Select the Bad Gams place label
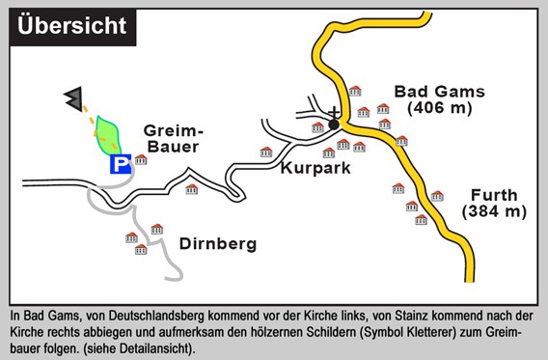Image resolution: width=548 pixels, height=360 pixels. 438,92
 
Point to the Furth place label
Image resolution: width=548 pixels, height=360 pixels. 493,193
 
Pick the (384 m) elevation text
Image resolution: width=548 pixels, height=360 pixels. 493,210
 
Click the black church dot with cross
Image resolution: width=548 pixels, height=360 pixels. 334,124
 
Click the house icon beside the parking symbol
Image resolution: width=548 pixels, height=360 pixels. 141,159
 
